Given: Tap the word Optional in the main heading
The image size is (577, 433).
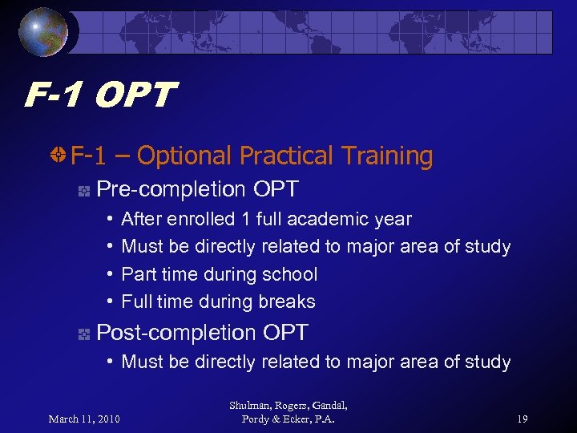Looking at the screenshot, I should [x=185, y=156].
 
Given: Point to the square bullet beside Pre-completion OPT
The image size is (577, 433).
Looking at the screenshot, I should [x=83, y=191].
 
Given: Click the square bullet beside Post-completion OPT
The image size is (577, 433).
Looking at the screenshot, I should [x=83, y=334].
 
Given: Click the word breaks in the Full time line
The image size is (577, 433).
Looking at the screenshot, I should [x=292, y=302].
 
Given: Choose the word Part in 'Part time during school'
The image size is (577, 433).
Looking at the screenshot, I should [x=135, y=274].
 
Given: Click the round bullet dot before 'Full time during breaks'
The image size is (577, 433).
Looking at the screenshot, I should [x=110, y=302].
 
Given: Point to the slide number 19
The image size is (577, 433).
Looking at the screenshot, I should [x=523, y=418].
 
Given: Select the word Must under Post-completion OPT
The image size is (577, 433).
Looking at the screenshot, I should [x=142, y=362].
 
